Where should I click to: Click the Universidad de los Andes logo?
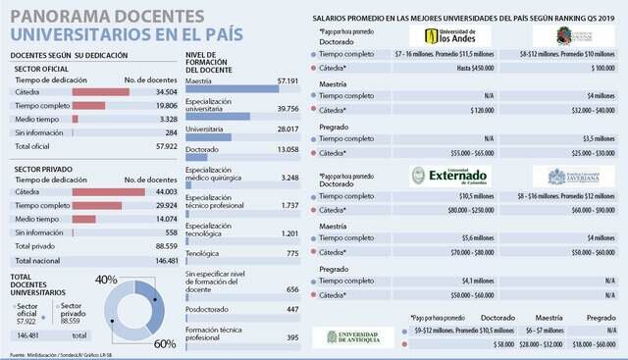tap(437, 36)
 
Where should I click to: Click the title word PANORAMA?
tap(52, 17)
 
